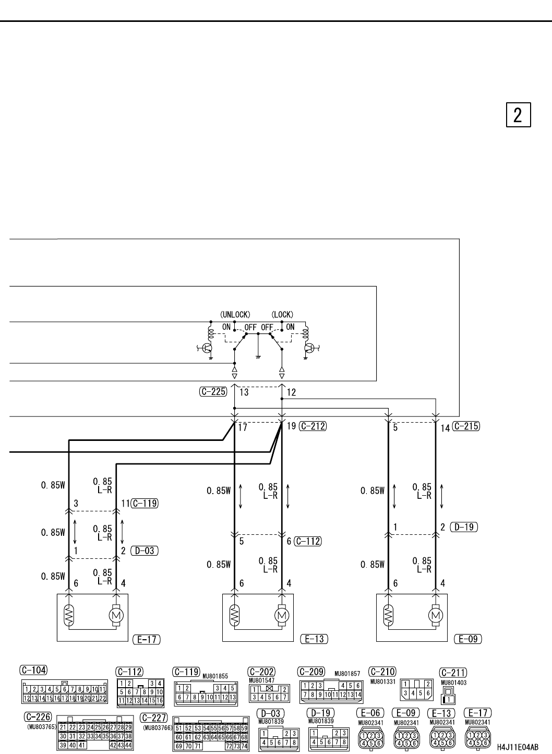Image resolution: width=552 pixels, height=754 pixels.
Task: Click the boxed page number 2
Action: coord(518,115)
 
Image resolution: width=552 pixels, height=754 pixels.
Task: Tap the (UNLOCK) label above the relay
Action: coord(235,315)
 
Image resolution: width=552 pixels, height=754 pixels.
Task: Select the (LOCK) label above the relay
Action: coord(282,315)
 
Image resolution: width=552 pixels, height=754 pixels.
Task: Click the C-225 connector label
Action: coord(213,392)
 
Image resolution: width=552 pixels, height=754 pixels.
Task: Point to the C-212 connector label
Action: coord(313,426)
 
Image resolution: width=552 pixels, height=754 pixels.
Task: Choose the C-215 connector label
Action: coord(466,426)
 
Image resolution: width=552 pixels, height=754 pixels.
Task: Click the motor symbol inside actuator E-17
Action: coord(116,616)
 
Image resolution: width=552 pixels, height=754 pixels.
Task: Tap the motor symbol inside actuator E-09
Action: coord(435,616)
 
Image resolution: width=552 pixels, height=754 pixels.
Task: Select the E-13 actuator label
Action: coord(315,639)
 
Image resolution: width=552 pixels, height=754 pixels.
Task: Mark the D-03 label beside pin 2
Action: coord(144,550)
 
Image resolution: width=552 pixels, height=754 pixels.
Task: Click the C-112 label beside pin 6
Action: coord(308,541)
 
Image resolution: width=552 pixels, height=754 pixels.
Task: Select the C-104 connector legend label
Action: coord(33,669)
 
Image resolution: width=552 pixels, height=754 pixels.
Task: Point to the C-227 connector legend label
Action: coord(153,718)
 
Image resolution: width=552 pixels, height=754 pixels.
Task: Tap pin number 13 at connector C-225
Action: coord(244,392)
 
